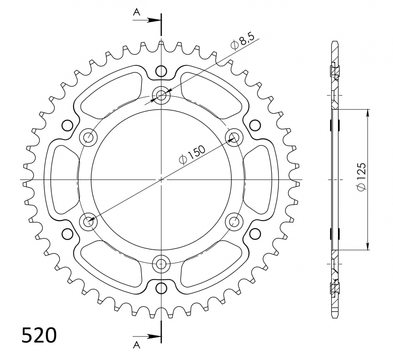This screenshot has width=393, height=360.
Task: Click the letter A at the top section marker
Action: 137,12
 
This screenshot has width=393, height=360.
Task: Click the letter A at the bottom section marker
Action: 137,350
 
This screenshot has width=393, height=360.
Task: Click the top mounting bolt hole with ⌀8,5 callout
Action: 161,95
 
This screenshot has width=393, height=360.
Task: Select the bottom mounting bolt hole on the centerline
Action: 161,264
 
